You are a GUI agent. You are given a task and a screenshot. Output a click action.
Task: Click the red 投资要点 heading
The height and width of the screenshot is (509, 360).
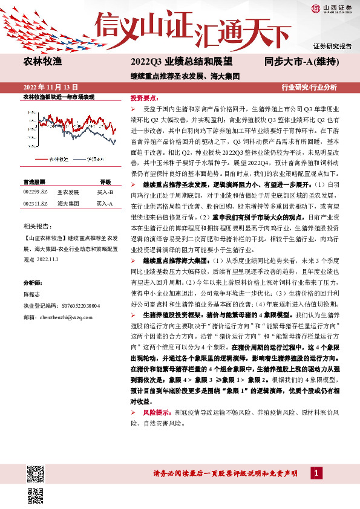point(145,97)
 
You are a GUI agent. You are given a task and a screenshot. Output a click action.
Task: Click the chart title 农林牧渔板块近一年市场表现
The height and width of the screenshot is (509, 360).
point(59,97)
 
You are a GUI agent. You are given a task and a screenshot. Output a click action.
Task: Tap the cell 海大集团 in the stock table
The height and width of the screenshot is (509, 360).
point(68,204)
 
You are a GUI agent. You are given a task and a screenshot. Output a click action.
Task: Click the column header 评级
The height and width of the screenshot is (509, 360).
point(105,181)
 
